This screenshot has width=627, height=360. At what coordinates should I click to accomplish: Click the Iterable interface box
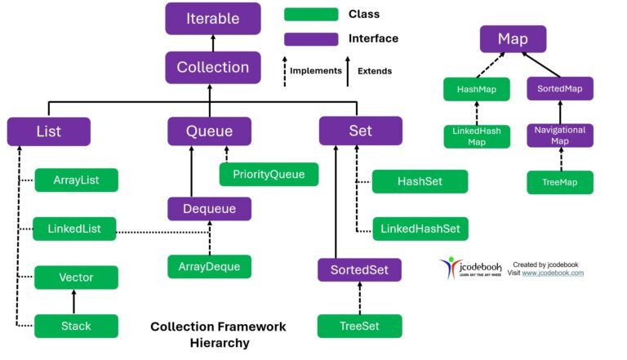(x=213, y=18)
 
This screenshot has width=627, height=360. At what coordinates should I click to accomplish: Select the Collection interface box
(x=213, y=68)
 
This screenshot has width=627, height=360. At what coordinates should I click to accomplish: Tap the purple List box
(x=49, y=131)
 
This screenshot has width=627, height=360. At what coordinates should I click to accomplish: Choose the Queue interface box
(x=210, y=131)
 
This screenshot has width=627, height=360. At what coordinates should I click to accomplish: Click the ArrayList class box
(x=76, y=180)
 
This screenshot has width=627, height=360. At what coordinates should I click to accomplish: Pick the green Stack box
(x=76, y=326)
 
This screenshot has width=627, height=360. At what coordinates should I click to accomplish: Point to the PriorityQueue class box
(x=269, y=174)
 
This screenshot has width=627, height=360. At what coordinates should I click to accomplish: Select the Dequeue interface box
(x=210, y=209)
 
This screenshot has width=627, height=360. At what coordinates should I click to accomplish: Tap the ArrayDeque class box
(x=210, y=266)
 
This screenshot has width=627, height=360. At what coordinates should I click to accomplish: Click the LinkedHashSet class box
(x=420, y=229)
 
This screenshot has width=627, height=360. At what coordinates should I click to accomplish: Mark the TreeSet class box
(x=360, y=326)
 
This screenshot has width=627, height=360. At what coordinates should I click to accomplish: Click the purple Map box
(x=513, y=39)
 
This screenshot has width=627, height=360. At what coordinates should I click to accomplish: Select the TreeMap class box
(x=559, y=182)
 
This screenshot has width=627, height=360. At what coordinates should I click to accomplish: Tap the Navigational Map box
(x=559, y=135)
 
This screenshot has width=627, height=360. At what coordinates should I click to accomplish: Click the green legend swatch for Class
(x=311, y=15)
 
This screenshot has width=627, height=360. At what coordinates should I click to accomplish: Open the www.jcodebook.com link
(x=553, y=273)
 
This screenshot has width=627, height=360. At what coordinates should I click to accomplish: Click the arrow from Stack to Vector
(x=75, y=302)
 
